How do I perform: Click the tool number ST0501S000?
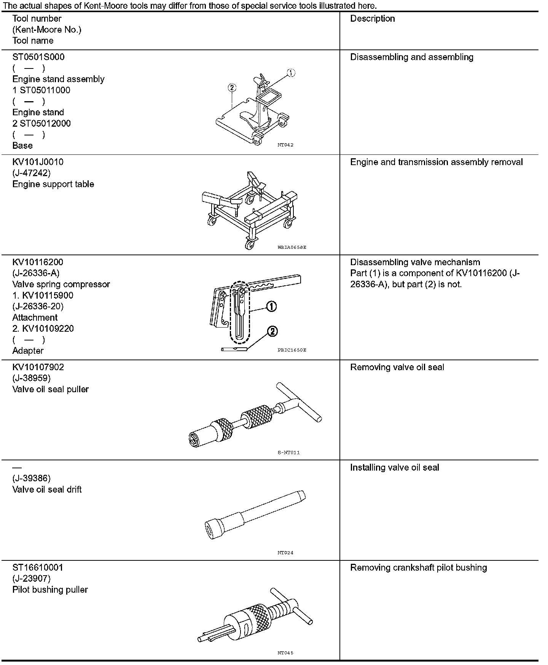[38, 57]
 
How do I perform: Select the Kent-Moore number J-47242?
[31, 173]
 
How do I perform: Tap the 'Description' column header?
[372, 19]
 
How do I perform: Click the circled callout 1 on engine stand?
[291, 73]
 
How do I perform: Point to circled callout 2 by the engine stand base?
[232, 88]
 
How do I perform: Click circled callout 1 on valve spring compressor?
[271, 306]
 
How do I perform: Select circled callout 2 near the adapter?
[272, 332]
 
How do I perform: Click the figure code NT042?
[285, 145]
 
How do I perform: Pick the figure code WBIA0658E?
[292, 247]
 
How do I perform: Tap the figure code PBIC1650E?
[292, 350]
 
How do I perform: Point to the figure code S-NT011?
[288, 453]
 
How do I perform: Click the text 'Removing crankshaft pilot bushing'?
[418, 568]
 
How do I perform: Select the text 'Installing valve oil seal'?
[394, 468]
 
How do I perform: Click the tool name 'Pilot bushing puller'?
[50, 590]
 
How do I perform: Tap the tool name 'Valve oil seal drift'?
[47, 490]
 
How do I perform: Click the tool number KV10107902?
[38, 367]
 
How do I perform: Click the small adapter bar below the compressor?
[234, 349]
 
